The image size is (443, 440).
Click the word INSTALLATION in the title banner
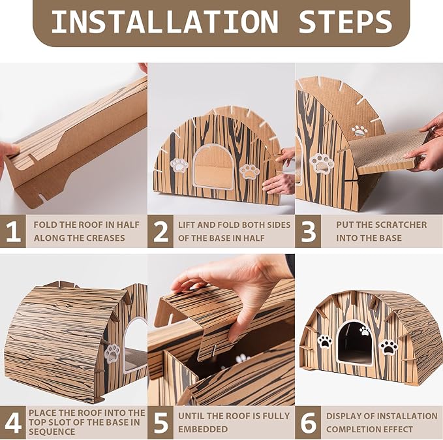pos(164,22)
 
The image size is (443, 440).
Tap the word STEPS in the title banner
pos(345,22)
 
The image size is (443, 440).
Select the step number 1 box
pos(13,231)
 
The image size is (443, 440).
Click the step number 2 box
pos(160,231)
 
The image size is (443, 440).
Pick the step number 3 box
pos(308,231)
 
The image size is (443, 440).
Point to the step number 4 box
pos(13,422)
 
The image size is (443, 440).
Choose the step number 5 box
pos(160,422)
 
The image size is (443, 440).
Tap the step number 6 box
pos(308,422)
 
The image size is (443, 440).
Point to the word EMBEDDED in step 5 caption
pos(203,429)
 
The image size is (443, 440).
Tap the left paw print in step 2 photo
pos(179,165)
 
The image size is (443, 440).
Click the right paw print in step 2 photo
pos(249,171)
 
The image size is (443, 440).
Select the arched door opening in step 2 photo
pos(214,166)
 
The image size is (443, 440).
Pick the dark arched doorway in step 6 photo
pos(355,343)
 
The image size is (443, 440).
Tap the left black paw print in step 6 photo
pos(325,342)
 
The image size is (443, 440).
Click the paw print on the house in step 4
pos(112,353)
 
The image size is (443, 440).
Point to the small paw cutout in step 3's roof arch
pos(359,131)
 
